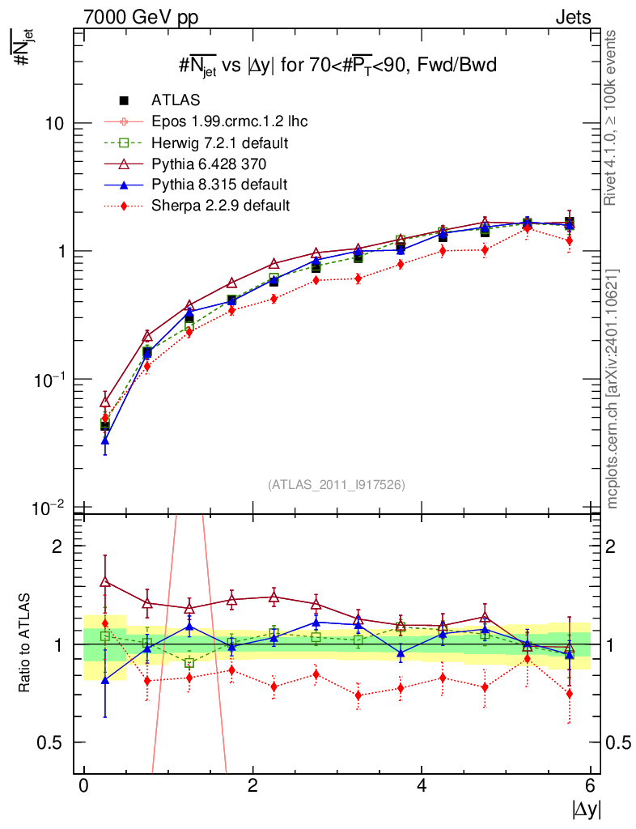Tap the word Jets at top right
click(x=572, y=17)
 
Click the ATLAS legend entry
click(x=175, y=100)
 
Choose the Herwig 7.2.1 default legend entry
click(x=220, y=142)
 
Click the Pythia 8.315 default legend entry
click(x=219, y=185)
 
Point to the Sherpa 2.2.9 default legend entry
click(x=220, y=206)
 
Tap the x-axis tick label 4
click(x=422, y=786)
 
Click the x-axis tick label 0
click(x=83, y=786)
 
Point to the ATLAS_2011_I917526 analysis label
click(x=336, y=485)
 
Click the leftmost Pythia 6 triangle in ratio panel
click(x=105, y=581)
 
